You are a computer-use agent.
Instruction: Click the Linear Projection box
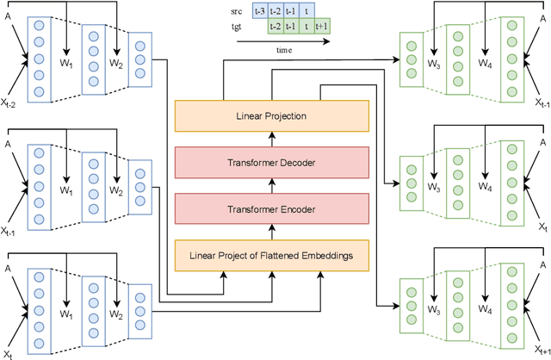(x=271, y=115)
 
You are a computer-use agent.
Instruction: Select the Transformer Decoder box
(x=271, y=162)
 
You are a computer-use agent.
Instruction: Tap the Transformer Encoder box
(x=271, y=208)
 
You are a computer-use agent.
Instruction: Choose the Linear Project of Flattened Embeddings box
(x=271, y=255)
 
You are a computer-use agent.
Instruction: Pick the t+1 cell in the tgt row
(x=321, y=26)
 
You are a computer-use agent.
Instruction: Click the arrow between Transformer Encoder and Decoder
(x=271, y=185)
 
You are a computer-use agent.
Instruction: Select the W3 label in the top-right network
(x=436, y=64)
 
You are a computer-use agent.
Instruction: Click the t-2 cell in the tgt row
(x=275, y=26)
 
